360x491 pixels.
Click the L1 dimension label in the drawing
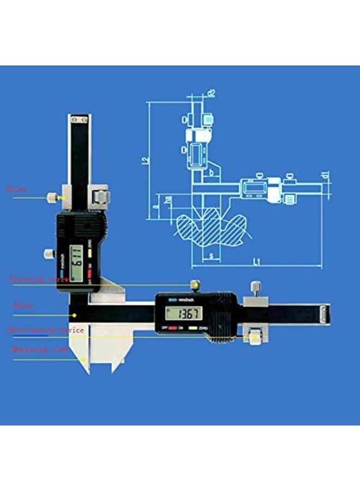click(x=256, y=262)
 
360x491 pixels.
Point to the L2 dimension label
click(x=145, y=160)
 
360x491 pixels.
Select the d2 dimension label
click(x=212, y=93)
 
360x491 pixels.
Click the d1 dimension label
click(x=326, y=175)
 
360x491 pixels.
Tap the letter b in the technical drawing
click(x=212, y=173)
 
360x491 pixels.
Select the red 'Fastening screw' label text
click(x=38, y=279)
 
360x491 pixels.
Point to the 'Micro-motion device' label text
click(x=46, y=330)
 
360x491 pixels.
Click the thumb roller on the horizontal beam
click(x=253, y=337)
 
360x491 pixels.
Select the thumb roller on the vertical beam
click(x=100, y=196)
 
